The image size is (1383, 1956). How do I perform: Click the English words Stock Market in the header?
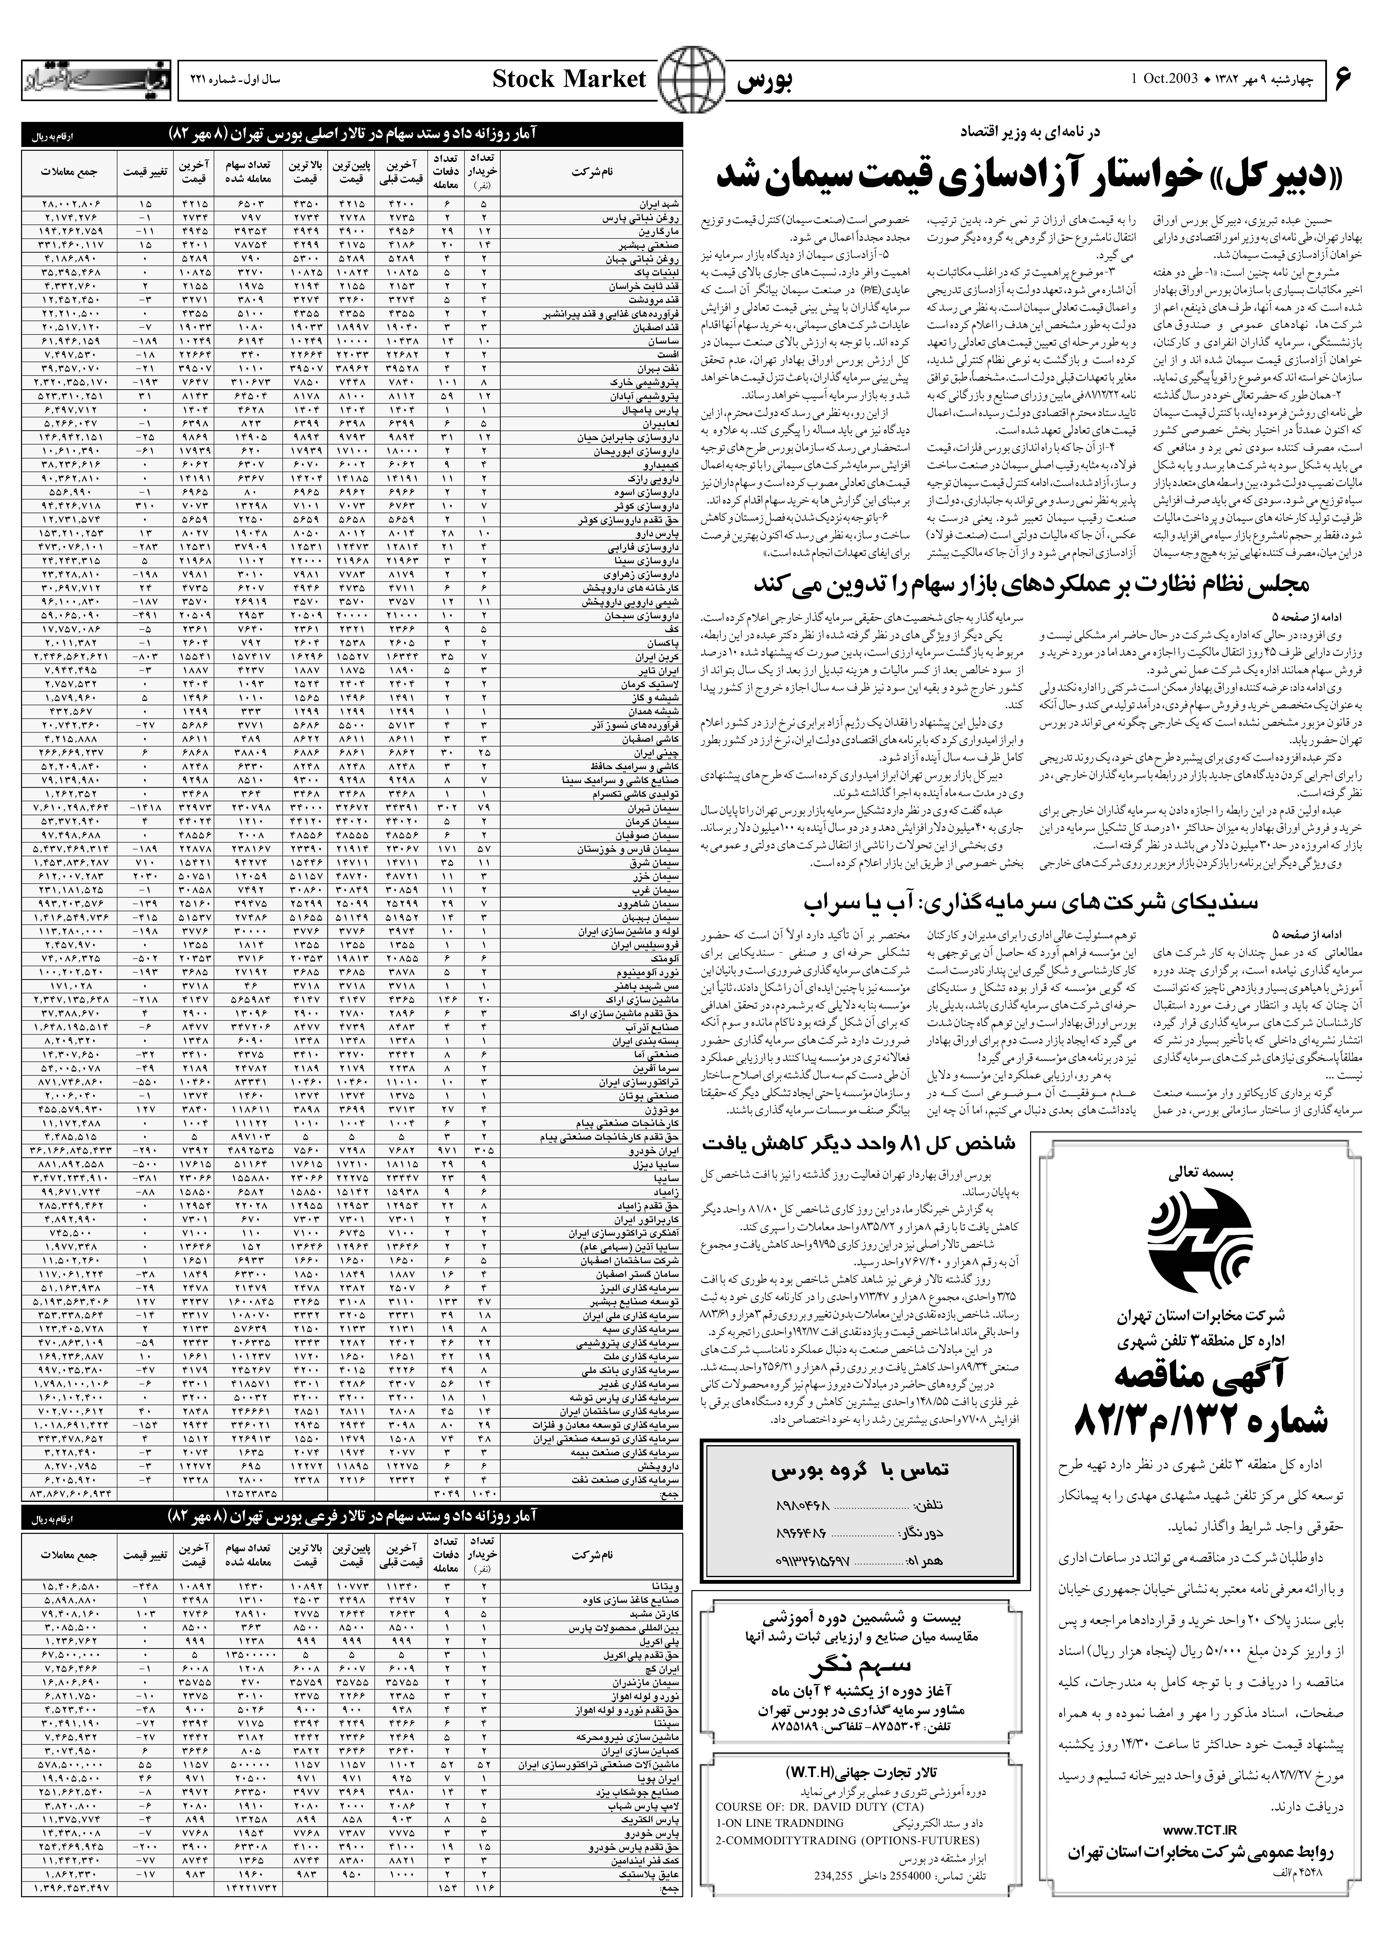569,80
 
